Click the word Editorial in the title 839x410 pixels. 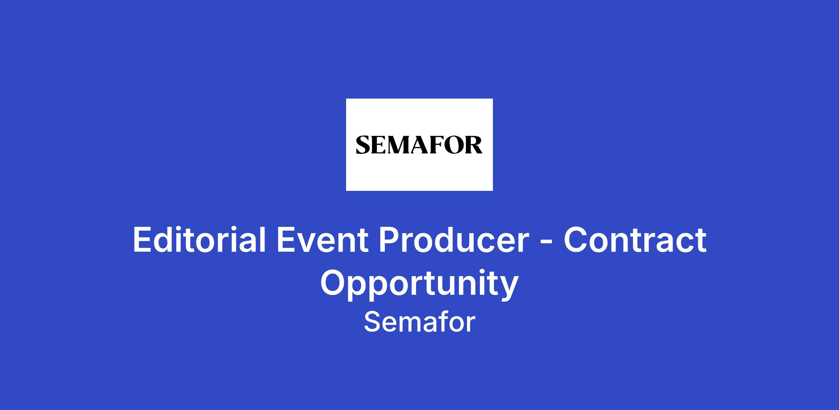click(x=199, y=239)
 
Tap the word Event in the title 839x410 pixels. click(x=323, y=240)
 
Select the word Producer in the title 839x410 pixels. click(x=454, y=240)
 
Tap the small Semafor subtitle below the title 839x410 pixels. click(x=419, y=322)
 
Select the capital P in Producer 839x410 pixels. click(x=389, y=240)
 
